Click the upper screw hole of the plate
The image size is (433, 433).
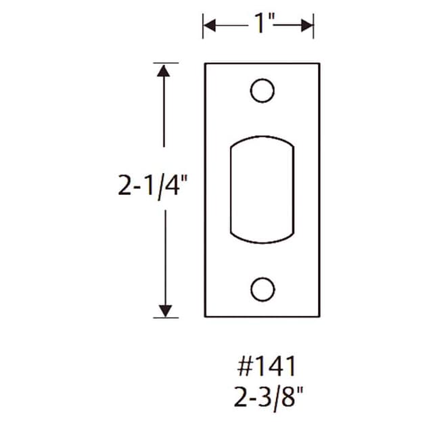pyautogui.click(x=261, y=91)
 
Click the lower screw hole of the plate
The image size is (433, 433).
pyautogui.click(x=261, y=289)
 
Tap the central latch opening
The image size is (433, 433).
pyautogui.click(x=261, y=189)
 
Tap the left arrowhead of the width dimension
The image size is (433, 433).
pyautogui.click(x=209, y=26)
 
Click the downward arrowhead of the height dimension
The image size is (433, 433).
pyautogui.click(x=163, y=311)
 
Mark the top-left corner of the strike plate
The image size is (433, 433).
pyautogui.click(x=205, y=64)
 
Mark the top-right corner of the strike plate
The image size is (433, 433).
pyautogui.click(x=318, y=64)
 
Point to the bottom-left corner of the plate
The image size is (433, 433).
pyautogui.click(x=205, y=316)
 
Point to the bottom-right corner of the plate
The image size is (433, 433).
pyautogui.click(x=318, y=316)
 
